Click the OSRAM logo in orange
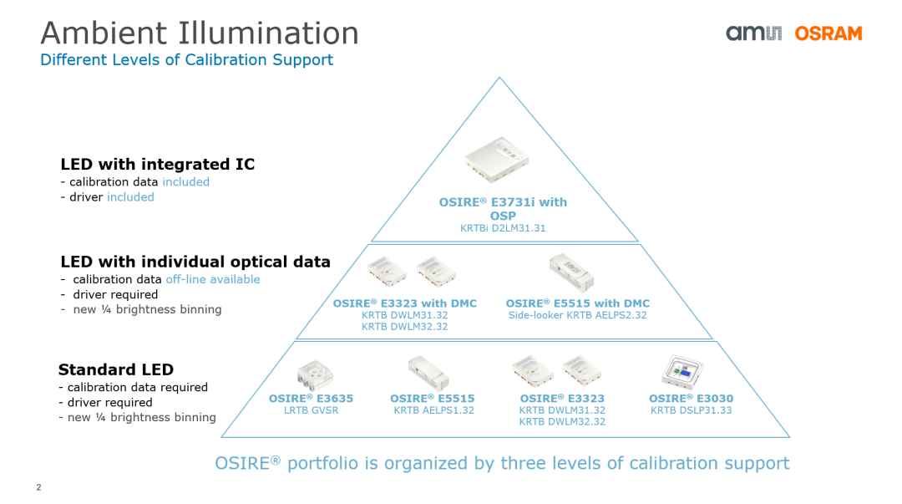pos(829,33)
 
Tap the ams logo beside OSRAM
pos(753,33)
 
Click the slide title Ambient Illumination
pos(200,33)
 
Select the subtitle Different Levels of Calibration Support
pos(186,60)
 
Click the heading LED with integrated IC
pos(158,164)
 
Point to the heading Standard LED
pos(115,369)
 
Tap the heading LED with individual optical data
pos(195,262)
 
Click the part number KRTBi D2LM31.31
pos(503,228)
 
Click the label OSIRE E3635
pos(312,398)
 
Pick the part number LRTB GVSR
pos(312,410)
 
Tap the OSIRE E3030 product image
pos(682,372)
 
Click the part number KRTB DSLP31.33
pos(691,410)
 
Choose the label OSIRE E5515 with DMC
pos(578,303)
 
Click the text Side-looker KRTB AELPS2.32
pos(578,315)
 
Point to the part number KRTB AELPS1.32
pos(433,410)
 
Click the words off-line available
pos(213,279)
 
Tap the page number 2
pos(38,487)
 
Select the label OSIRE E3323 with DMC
pos(405,303)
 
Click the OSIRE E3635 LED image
pos(315,374)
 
